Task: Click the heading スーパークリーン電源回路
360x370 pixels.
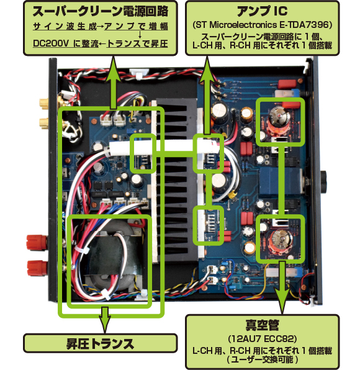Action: [x=101, y=11]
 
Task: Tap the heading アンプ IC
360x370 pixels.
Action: [x=262, y=11]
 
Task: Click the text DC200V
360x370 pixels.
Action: [x=51, y=43]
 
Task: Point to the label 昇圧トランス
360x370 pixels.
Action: [x=100, y=344]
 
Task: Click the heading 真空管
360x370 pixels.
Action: [x=262, y=325]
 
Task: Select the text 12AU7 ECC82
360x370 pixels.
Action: [x=262, y=338]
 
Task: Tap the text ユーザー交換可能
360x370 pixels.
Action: [x=262, y=359]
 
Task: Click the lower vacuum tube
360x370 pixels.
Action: [x=280, y=241]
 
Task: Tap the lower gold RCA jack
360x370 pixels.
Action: [x=44, y=123]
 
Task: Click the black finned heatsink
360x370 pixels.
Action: [x=176, y=179]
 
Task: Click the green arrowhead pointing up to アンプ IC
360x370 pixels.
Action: [x=207, y=67]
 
